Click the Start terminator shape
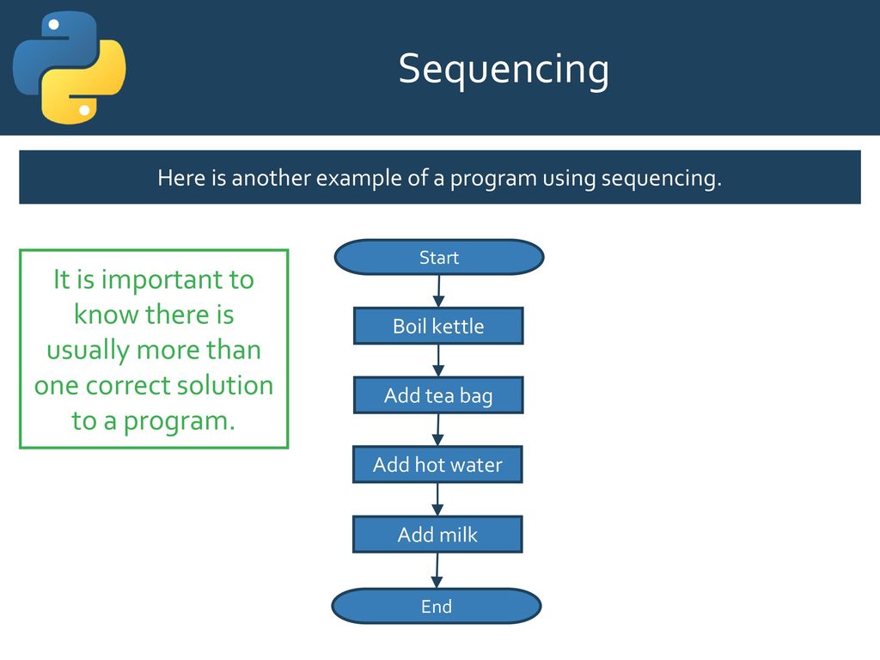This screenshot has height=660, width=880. tap(439, 257)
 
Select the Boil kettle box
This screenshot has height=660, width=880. tap(438, 326)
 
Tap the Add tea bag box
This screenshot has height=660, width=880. tap(438, 395)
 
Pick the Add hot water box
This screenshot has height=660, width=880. tap(437, 465)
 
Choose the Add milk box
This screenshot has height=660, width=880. tap(437, 535)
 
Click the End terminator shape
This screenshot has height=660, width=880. tap(437, 606)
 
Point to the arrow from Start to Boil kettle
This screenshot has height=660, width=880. tap(439, 291)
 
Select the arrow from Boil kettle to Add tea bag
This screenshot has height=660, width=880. tap(438, 360)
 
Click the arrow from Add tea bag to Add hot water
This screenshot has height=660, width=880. tap(438, 430)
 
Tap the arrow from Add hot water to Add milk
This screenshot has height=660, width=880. tap(437, 499)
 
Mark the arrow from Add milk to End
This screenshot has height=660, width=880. tap(437, 571)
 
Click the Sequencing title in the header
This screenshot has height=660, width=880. tap(504, 70)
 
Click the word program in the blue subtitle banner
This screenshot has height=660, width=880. tap(493, 179)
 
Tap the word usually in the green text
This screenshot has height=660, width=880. tap(89, 351)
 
